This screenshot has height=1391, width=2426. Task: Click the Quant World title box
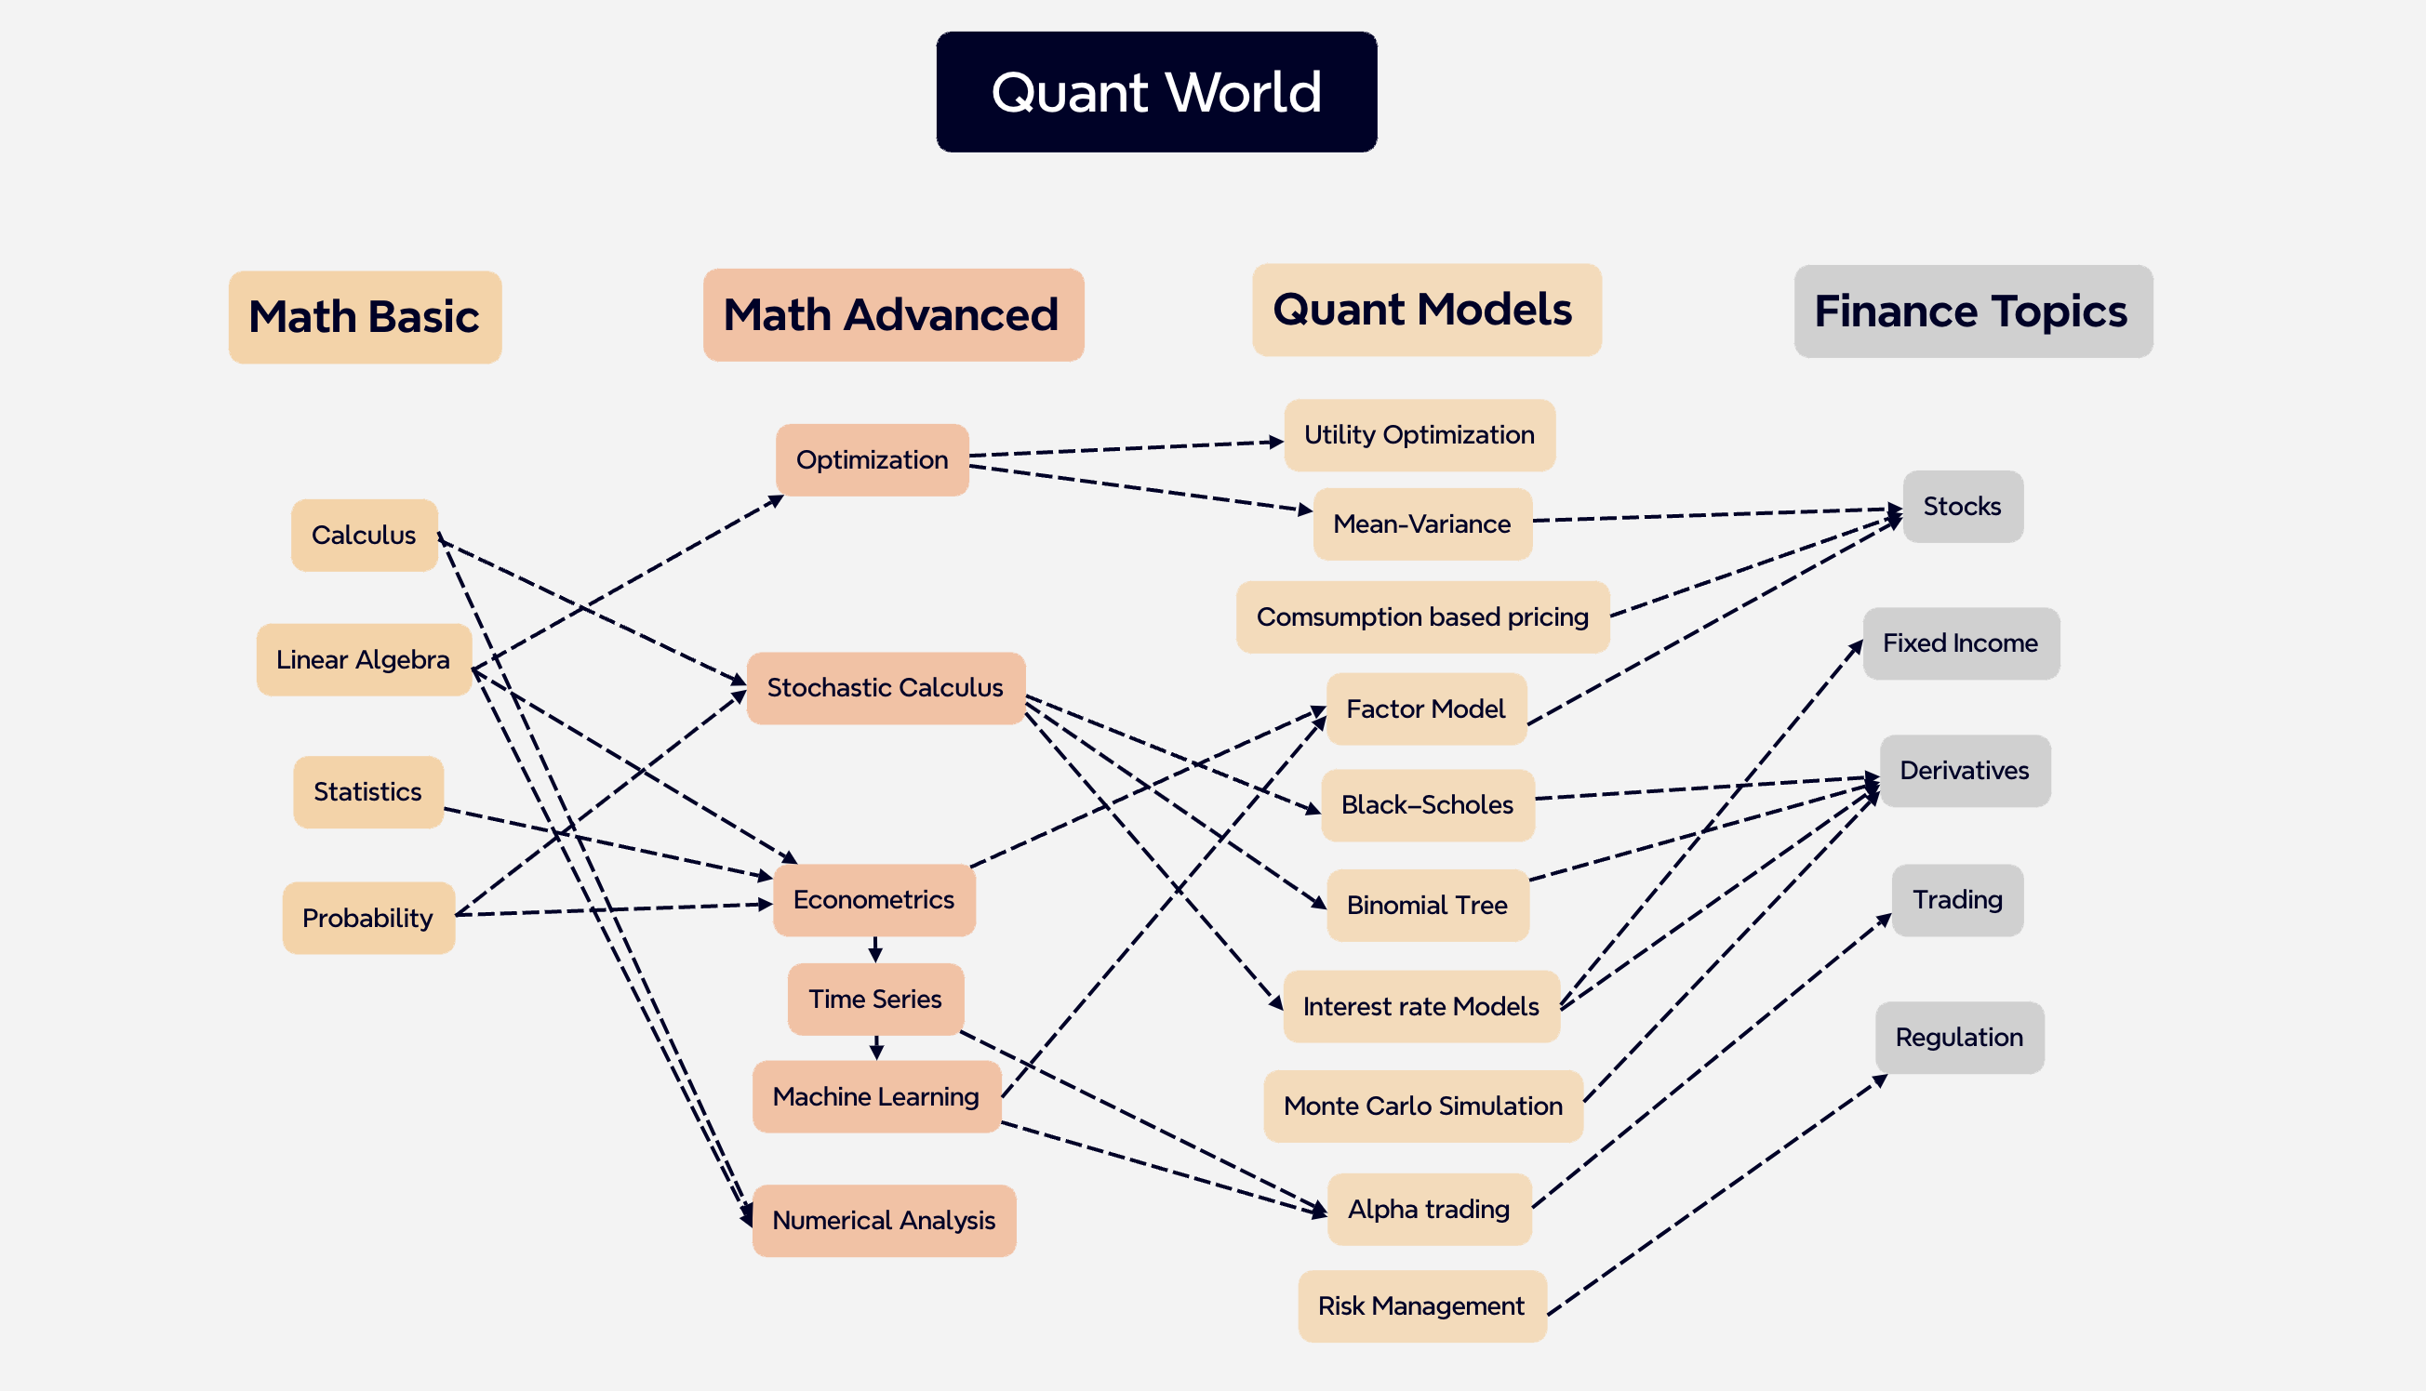pos(1156,92)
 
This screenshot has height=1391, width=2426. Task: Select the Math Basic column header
pos(364,316)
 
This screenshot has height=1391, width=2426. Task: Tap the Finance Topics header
pos(1972,311)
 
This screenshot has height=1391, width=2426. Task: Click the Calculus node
pos(364,535)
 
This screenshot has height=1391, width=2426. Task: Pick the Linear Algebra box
pos(363,659)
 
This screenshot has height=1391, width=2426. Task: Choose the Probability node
pos(367,917)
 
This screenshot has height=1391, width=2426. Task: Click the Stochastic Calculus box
pos(885,688)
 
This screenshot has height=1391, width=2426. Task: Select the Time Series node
pos(875,999)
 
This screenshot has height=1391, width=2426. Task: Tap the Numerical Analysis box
pos(884,1220)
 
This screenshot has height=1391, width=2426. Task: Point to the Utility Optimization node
pos(1419,435)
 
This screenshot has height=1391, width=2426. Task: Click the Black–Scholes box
pos(1427,804)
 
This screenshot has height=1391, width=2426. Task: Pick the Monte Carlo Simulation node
pos(1422,1106)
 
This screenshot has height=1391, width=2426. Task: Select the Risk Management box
pos(1420,1305)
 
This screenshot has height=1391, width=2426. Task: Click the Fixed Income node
pos(1960,643)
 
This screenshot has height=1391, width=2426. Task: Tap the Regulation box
pos(1959,1037)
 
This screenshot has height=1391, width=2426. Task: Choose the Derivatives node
pos(1964,770)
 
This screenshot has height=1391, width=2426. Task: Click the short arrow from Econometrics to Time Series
pos(875,949)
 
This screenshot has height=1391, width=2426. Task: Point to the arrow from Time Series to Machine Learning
pos(876,1047)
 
